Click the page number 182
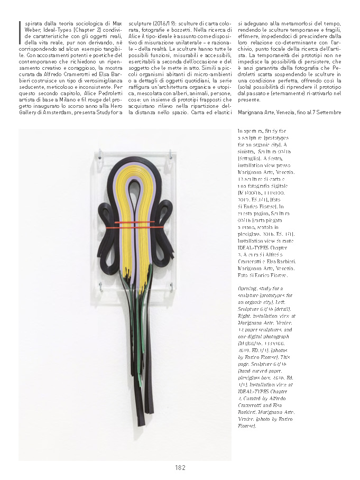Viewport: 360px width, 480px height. click(180, 467)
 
